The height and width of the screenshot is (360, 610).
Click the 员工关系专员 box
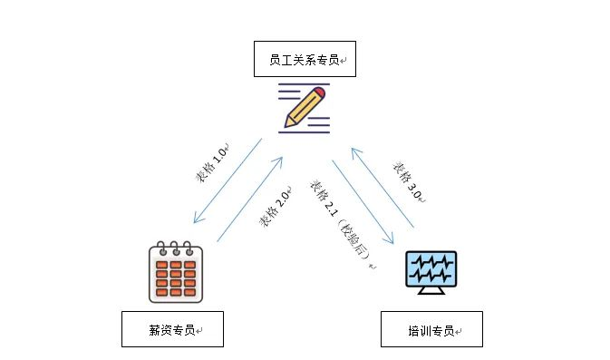[x=305, y=59]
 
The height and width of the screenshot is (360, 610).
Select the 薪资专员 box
[x=172, y=329]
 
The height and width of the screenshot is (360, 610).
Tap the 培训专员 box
[x=431, y=329]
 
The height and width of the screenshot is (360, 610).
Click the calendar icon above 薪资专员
[x=176, y=271]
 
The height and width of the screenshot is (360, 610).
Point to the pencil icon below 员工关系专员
[x=305, y=108]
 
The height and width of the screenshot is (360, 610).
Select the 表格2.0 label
[x=275, y=209]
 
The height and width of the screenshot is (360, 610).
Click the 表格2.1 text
[x=324, y=198]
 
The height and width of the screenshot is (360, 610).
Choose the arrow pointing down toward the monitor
[x=363, y=203]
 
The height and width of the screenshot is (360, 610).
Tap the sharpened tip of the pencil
[x=286, y=124]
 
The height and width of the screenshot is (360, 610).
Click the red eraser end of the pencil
[x=321, y=92]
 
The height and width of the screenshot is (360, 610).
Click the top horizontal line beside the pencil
[x=295, y=85]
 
